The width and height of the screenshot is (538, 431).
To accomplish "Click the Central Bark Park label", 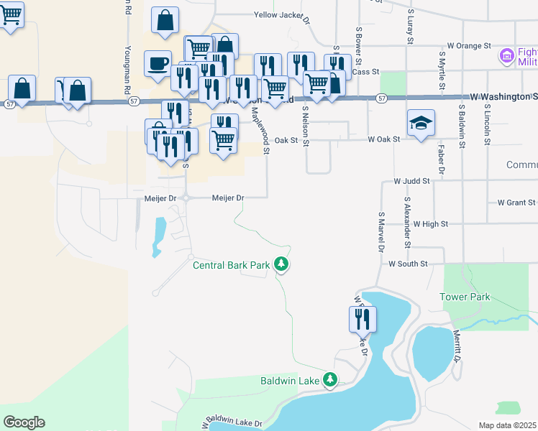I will click(231, 265).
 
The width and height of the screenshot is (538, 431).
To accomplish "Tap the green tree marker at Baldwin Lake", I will click(330, 379).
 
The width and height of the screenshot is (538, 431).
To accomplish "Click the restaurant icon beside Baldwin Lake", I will click(363, 318).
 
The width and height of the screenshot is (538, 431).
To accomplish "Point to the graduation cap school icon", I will click(421, 122).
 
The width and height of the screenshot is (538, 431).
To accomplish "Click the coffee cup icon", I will click(158, 62).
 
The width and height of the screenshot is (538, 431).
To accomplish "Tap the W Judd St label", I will click(411, 182).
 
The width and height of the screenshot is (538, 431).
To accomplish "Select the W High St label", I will click(430, 224).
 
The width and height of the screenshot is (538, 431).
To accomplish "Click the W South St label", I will click(408, 264).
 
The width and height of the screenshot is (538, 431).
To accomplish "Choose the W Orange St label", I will click(468, 46).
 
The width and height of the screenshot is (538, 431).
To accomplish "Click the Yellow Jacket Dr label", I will click(281, 15).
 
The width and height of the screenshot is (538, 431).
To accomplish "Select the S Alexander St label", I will click(406, 222).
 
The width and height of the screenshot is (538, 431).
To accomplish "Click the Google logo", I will click(24, 422).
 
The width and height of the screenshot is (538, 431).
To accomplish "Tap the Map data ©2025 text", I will click(508, 425).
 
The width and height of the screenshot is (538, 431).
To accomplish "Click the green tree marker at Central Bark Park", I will click(282, 266).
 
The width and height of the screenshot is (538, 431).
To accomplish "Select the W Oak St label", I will click(383, 139).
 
